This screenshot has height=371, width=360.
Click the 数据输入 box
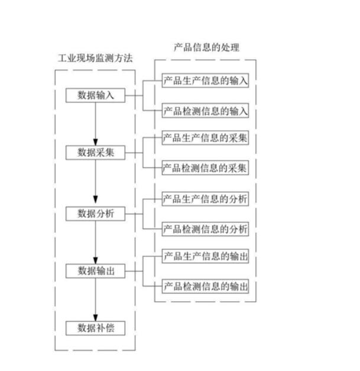[x=95, y=96]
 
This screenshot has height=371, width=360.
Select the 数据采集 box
[x=95, y=153]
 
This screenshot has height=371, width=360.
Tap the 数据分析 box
[x=95, y=213]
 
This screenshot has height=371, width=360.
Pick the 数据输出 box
[x=95, y=271]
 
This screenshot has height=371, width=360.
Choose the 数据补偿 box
[x=95, y=327]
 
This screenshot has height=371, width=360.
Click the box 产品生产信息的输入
[x=205, y=81]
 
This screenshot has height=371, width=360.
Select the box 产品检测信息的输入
[x=205, y=111]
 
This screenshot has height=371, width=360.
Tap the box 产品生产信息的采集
[x=205, y=138]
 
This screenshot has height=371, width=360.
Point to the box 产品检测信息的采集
[x=205, y=168]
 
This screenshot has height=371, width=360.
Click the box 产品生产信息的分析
[x=205, y=198]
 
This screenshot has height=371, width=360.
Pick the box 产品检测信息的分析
[x=205, y=228]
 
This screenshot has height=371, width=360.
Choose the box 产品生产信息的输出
[x=205, y=257]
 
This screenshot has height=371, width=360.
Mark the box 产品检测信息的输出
[x=205, y=287]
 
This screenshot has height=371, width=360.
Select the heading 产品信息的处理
[x=206, y=47]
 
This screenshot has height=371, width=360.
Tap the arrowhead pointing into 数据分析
[x=95, y=201]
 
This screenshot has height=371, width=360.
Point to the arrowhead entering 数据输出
[x=95, y=260]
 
